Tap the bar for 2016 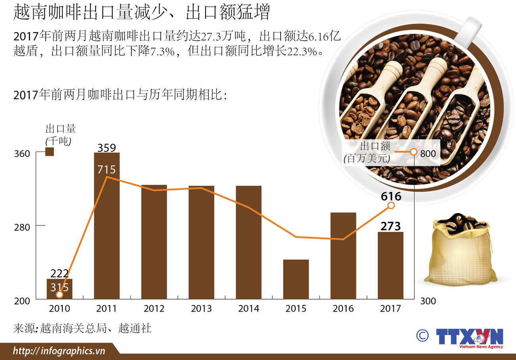[343, 256]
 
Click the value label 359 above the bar [106, 148]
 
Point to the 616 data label [391, 196]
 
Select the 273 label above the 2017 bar [391, 226]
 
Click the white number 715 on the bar [106, 170]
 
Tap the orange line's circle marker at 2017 [391, 205]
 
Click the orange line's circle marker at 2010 [60, 295]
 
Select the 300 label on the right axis [427, 301]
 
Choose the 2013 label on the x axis [201, 308]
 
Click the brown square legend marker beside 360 [50, 152]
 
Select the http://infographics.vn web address [59, 351]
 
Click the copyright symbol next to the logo [422, 335]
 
